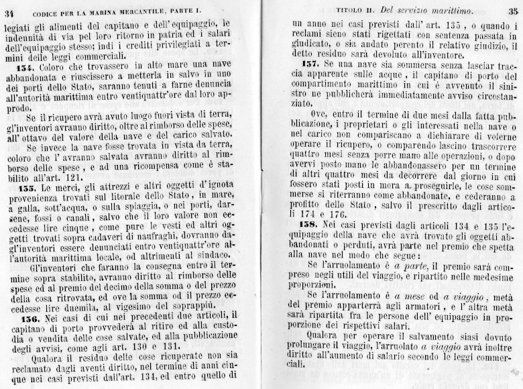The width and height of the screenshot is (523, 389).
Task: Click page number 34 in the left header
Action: (x=9, y=8)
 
